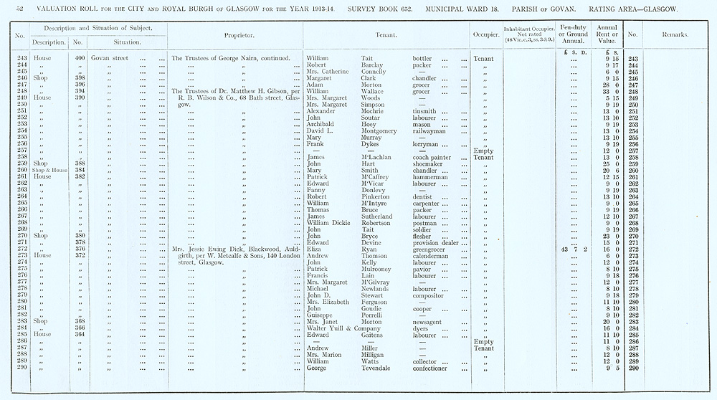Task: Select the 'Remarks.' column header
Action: pyautogui.click(x=675, y=34)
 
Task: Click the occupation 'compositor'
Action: pyautogui.click(x=432, y=295)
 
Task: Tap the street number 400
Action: pyautogui.click(x=80, y=58)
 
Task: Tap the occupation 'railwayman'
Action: pyautogui.click(x=434, y=131)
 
